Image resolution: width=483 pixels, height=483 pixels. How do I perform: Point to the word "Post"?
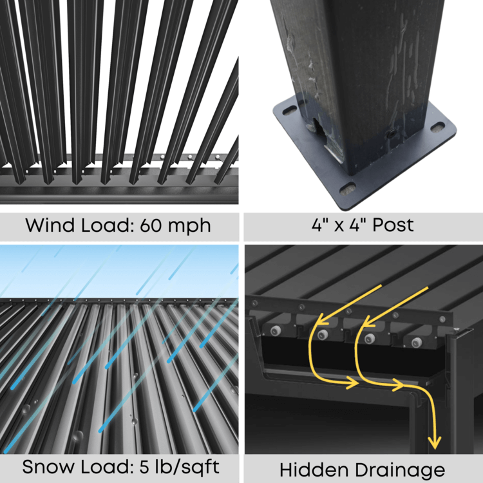point(392,225)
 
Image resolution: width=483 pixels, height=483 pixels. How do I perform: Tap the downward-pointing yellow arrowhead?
point(435,443)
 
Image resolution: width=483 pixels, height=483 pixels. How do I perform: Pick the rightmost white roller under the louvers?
point(416,342)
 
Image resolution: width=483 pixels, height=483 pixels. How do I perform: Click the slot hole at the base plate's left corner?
point(289,110)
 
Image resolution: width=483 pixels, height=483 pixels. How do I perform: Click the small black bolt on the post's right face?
point(390,133)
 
